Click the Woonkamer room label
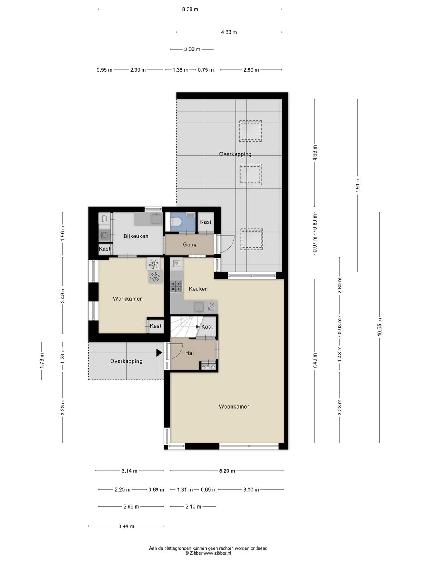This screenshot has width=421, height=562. [x=234, y=407]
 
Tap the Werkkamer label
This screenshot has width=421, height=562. [x=127, y=299]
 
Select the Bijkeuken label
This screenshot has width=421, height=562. [x=136, y=236]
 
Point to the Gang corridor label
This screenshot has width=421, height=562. [x=189, y=245]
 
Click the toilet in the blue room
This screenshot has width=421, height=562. [x=176, y=221]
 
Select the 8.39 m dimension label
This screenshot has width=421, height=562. [x=190, y=9]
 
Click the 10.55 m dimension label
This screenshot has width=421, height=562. [x=379, y=327]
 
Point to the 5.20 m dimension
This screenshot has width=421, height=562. [x=227, y=471]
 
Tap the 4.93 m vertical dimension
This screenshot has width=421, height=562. [x=315, y=153]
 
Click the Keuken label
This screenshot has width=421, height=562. [x=198, y=289]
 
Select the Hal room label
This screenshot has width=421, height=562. [x=189, y=353]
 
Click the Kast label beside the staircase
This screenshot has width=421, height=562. [x=207, y=327]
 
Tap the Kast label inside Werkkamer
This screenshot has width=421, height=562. [x=156, y=326]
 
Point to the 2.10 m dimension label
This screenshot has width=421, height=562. [x=193, y=507]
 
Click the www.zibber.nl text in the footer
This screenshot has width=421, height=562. [x=217, y=553]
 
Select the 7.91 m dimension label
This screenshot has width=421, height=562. [x=357, y=185]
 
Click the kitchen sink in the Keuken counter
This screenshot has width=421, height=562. [x=199, y=306]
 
